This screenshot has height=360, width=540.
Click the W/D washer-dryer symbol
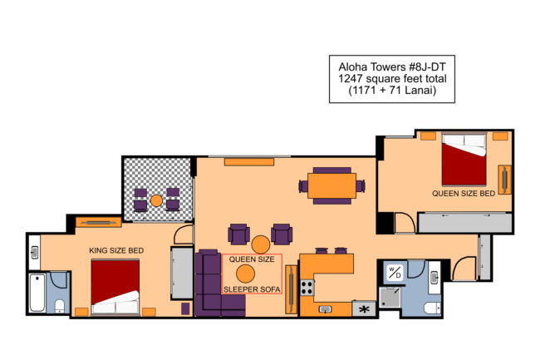[395, 273]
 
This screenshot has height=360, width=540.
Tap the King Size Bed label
[116, 250]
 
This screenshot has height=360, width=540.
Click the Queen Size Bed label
[464, 194]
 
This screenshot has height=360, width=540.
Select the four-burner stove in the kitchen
[307, 288]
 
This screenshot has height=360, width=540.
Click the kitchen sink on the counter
[325, 309]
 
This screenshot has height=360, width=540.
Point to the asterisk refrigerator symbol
[364, 308]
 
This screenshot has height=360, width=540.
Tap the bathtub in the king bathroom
[37, 293]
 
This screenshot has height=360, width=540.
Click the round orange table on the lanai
[157, 200]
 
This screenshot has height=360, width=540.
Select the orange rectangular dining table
[332, 185]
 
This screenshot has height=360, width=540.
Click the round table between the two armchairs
[261, 244]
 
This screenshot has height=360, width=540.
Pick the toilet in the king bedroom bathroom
[60, 306]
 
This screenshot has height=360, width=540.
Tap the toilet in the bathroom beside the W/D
[432, 308]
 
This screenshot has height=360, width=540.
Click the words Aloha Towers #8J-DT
[392, 67]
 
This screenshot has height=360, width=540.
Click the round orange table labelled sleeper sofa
[246, 274]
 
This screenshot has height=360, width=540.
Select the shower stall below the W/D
[390, 298]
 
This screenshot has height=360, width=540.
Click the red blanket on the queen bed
[464, 165]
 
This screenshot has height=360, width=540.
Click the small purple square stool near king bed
[185, 308]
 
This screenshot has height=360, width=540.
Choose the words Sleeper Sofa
[252, 289]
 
